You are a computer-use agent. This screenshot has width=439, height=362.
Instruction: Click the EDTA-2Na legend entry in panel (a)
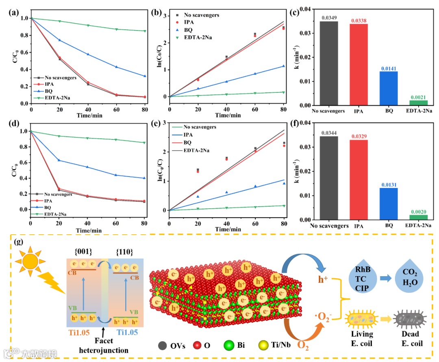[x=53, y=98]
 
